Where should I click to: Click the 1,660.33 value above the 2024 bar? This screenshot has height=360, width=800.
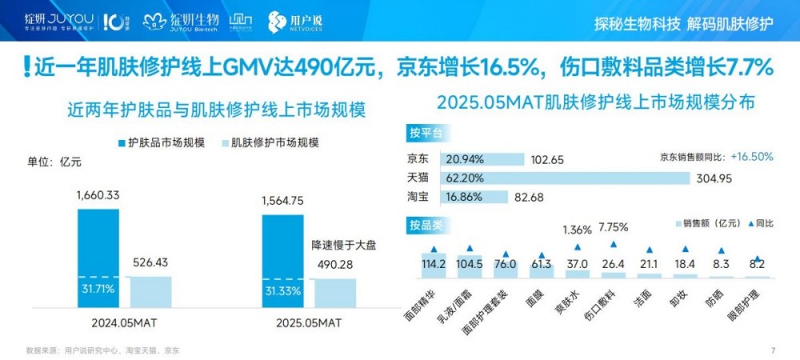[x=98, y=194]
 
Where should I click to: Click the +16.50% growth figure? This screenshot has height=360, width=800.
[x=752, y=157]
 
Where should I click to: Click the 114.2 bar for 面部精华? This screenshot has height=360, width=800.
[x=434, y=265]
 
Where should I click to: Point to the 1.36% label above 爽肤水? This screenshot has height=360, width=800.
[x=577, y=230]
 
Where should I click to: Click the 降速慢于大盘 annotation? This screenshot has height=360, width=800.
[x=343, y=246]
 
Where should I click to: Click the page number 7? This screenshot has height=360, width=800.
[x=773, y=350]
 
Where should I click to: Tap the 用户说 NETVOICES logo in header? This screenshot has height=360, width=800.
[x=295, y=22]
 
